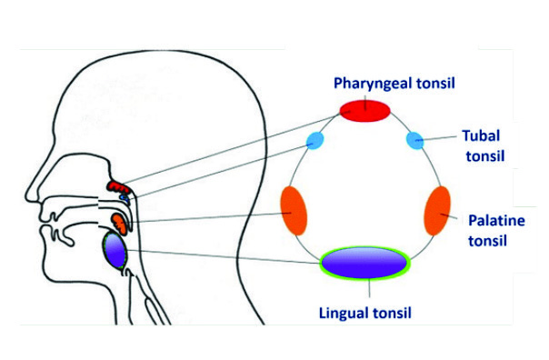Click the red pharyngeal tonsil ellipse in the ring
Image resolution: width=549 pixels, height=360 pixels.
364,111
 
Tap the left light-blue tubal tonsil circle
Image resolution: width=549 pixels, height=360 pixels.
314,140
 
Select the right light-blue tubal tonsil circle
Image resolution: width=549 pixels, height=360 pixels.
414,140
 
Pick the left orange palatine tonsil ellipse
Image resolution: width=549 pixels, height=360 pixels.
294,211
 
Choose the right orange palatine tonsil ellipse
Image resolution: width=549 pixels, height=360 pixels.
437,211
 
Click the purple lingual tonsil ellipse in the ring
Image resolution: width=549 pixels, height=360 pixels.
364,263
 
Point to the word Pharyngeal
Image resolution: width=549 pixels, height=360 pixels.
373,84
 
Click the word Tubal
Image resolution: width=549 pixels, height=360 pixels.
481,135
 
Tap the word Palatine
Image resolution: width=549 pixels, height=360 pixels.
496,221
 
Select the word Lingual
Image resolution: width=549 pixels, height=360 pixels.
344,313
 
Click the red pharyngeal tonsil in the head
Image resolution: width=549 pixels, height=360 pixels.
119,186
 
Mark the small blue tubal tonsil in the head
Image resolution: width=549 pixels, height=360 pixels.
125,198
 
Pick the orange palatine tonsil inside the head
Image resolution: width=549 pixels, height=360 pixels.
120,224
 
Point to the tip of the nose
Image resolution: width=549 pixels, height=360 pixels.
26,196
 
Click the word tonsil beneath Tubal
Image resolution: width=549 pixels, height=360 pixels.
485,156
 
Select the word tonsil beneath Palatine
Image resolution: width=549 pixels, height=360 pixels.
488,241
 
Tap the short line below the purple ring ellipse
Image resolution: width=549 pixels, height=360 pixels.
369,288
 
